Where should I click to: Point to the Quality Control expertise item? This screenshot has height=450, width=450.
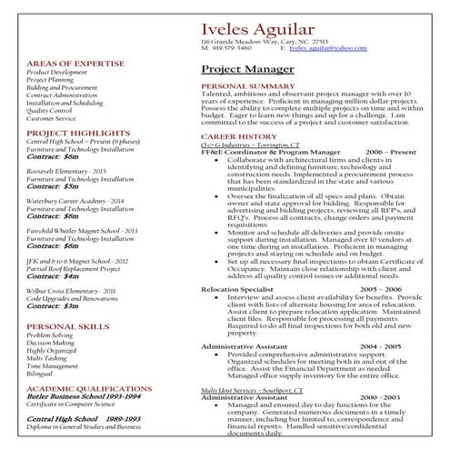(x=50, y=110)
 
